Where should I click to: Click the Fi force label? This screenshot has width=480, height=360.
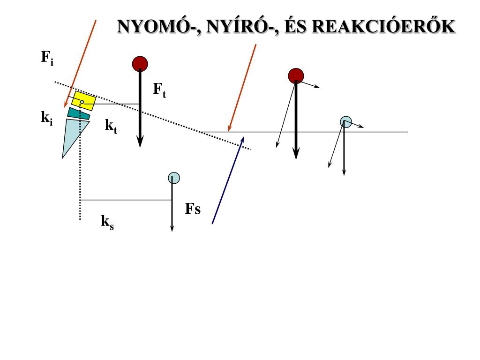coord(46,58)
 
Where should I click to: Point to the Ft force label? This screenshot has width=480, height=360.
coord(159,90)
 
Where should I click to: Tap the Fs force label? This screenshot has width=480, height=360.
coord(193,209)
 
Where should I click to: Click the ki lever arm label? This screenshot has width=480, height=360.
coord(46,118)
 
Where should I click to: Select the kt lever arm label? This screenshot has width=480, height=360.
coord(111,126)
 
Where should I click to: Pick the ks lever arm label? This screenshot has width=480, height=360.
coord(107,221)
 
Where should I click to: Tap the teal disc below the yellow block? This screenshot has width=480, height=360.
coord(78,113)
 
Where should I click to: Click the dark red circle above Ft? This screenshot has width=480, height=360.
coord(140,63)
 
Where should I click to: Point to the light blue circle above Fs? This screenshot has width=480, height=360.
coord(173,178)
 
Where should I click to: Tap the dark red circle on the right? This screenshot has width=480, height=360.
coord(296,75)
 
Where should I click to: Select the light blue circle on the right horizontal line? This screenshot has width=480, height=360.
coord(345,121)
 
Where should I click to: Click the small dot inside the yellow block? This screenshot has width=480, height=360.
coord(82,102)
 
